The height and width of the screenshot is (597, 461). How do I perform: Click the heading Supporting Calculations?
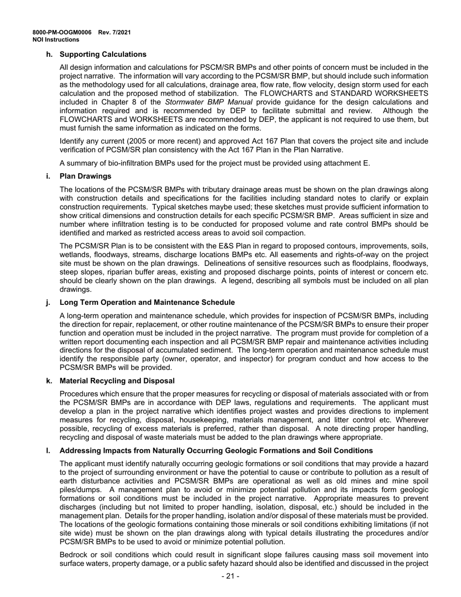click(x=103, y=54)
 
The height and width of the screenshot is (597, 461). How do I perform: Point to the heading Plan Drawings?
click(x=85, y=176)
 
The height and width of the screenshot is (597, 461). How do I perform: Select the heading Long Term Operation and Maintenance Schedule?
click(x=147, y=302)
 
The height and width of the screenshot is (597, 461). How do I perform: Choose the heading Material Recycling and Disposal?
click(x=117, y=381)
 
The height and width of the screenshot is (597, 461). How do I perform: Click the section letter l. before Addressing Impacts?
click(x=48, y=451)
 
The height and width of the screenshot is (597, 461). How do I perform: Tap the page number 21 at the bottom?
click(x=230, y=577)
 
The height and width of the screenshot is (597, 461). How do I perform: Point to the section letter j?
click(x=48, y=302)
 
